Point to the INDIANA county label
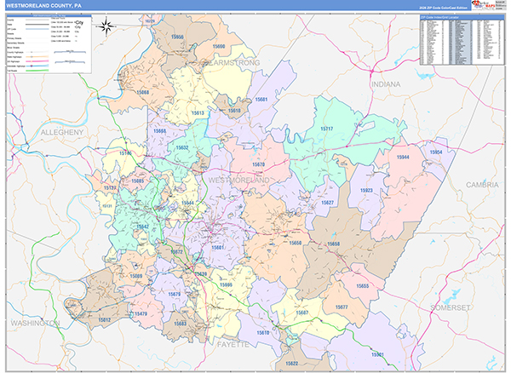pos(385,85)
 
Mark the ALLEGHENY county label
pos(58,133)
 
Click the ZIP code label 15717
pos(326,128)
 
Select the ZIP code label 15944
pos(404,158)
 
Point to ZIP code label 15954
pos(436,152)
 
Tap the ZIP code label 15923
pos(366,191)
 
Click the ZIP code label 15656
pos(177,38)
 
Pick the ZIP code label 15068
pos(141,91)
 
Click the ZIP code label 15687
pos(301,313)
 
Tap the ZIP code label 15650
pos(295,243)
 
